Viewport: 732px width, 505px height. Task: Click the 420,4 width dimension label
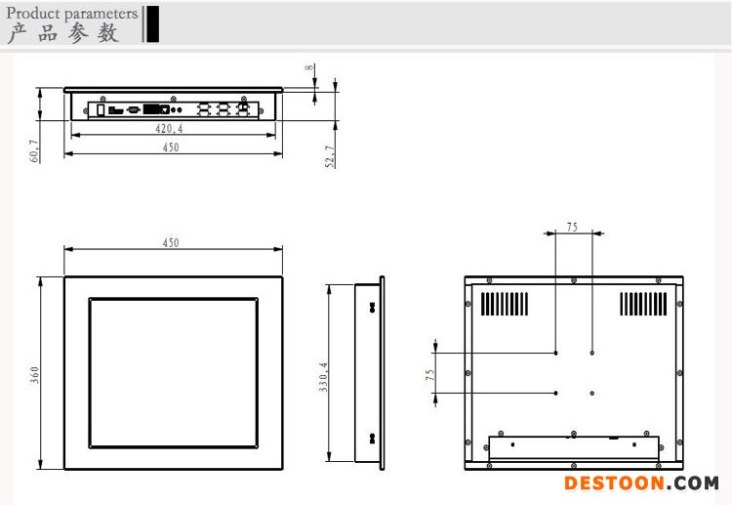169,128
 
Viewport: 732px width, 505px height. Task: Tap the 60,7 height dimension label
34,150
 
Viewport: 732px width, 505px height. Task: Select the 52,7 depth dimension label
330,156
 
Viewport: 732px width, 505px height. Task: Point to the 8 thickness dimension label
309,67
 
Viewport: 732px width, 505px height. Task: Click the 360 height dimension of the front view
34,375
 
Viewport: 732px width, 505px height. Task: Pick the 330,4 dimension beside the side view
323,376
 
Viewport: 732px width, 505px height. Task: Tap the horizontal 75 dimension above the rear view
572,227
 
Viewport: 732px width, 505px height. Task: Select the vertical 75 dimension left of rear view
430,375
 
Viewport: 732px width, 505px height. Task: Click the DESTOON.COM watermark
641,484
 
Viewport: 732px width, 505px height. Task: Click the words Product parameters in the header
72,13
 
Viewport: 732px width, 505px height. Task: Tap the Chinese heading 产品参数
63,33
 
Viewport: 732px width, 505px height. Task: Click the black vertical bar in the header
152,23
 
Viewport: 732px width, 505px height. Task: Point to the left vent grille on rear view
505,304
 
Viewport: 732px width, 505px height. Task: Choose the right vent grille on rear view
644,304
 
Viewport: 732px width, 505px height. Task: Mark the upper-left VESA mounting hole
555,353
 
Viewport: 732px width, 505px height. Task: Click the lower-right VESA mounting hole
592,393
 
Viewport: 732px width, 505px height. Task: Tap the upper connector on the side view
372,307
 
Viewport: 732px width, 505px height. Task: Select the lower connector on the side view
372,439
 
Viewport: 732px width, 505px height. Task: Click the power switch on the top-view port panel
101,109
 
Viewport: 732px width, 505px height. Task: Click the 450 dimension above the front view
171,242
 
